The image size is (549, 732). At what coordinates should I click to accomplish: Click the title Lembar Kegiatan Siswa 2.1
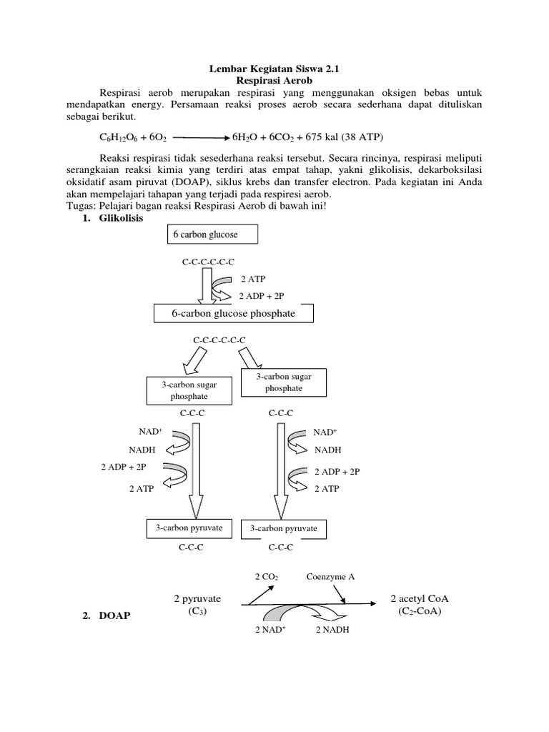[274, 70]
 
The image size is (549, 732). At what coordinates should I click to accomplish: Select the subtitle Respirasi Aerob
[274, 81]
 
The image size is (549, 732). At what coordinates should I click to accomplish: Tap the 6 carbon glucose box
[212, 234]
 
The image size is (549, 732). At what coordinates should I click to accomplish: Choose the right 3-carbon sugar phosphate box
[285, 382]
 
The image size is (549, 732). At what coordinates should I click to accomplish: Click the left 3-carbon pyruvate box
[189, 528]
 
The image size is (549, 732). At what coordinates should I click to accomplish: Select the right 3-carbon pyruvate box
[285, 530]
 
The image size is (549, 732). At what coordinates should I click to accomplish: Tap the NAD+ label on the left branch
[151, 432]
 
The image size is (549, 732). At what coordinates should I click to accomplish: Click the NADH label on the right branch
[328, 450]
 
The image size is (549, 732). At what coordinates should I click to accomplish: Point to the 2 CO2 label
[266, 576]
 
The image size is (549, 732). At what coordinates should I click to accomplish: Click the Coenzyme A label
[330, 576]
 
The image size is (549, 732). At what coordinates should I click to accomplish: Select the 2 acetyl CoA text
[424, 598]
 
